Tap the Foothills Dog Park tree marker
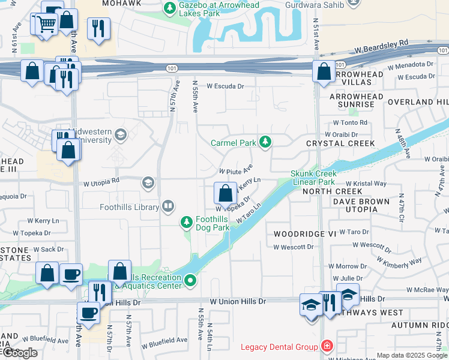click(x=187, y=223)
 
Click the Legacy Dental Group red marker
click(x=326, y=346)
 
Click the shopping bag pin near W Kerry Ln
click(x=225, y=193)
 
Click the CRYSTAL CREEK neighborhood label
click(x=340, y=143)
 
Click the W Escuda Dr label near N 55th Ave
click(x=226, y=86)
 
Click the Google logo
click(x=19, y=353)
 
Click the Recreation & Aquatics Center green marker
click(x=190, y=280)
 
